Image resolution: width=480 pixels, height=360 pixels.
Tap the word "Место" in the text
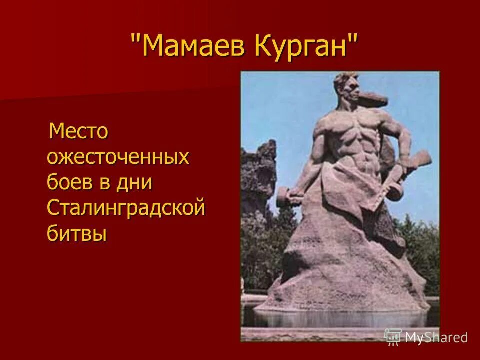78,132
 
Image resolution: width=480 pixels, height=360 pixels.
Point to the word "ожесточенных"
118,157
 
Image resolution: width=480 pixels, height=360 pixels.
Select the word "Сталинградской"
126,207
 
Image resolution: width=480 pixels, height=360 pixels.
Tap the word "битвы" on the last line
77,232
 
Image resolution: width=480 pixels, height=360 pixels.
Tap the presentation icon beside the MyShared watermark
393,337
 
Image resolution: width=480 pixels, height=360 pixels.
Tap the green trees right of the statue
425,250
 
